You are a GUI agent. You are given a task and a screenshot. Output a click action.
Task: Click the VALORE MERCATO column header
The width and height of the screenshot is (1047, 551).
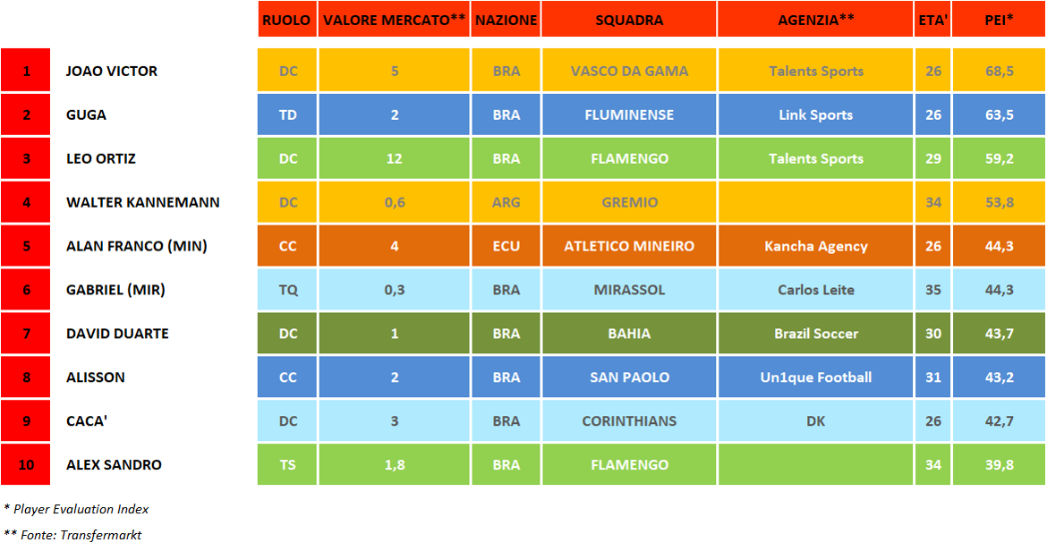pyautogui.click(x=394, y=20)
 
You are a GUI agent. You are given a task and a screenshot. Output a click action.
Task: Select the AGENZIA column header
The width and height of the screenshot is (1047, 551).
pyautogui.click(x=816, y=20)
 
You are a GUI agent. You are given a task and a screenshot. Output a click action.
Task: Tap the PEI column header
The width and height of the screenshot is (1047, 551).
pyautogui.click(x=999, y=20)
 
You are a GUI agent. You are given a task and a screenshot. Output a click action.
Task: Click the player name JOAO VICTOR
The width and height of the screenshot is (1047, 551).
pyautogui.click(x=112, y=72)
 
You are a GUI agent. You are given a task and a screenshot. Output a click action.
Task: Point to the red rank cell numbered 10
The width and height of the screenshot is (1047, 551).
pyautogui.click(x=26, y=465)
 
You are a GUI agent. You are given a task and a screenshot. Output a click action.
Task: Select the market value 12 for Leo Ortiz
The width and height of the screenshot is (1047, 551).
pyautogui.click(x=394, y=159)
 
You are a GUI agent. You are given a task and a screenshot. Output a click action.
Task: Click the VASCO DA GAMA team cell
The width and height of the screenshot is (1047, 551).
pyautogui.click(x=629, y=72)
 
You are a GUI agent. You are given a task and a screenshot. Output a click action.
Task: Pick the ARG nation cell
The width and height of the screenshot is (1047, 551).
pyautogui.click(x=506, y=203)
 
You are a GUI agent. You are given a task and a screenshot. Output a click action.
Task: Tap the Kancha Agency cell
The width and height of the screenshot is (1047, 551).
pyautogui.click(x=816, y=246)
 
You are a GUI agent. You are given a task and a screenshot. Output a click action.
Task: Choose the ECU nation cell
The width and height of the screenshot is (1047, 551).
pyautogui.click(x=506, y=246)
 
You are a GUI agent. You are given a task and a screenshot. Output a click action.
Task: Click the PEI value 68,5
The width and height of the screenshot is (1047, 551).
pyautogui.click(x=999, y=72)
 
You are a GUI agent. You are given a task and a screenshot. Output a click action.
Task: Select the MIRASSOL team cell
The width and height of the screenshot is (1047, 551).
pyautogui.click(x=629, y=290)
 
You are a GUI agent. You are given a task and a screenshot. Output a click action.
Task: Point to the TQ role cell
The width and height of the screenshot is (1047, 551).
pyautogui.click(x=287, y=290)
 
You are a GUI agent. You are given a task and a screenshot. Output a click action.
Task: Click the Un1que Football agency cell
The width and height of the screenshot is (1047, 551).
pyautogui.click(x=816, y=377)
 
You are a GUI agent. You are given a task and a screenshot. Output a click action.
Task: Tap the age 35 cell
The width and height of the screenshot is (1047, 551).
pyautogui.click(x=933, y=290)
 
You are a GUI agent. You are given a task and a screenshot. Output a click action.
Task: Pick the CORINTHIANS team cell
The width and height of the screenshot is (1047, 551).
pyautogui.click(x=629, y=421)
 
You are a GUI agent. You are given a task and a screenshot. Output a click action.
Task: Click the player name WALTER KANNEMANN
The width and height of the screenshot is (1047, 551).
pyautogui.click(x=143, y=203)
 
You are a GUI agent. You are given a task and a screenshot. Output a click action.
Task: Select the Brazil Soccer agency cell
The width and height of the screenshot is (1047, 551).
pyautogui.click(x=816, y=334)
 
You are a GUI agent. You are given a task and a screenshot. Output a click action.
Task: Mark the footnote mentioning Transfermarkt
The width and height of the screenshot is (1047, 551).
pyautogui.click(x=73, y=535)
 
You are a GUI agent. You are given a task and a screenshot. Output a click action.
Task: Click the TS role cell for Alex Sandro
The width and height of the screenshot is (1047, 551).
pyautogui.click(x=287, y=465)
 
